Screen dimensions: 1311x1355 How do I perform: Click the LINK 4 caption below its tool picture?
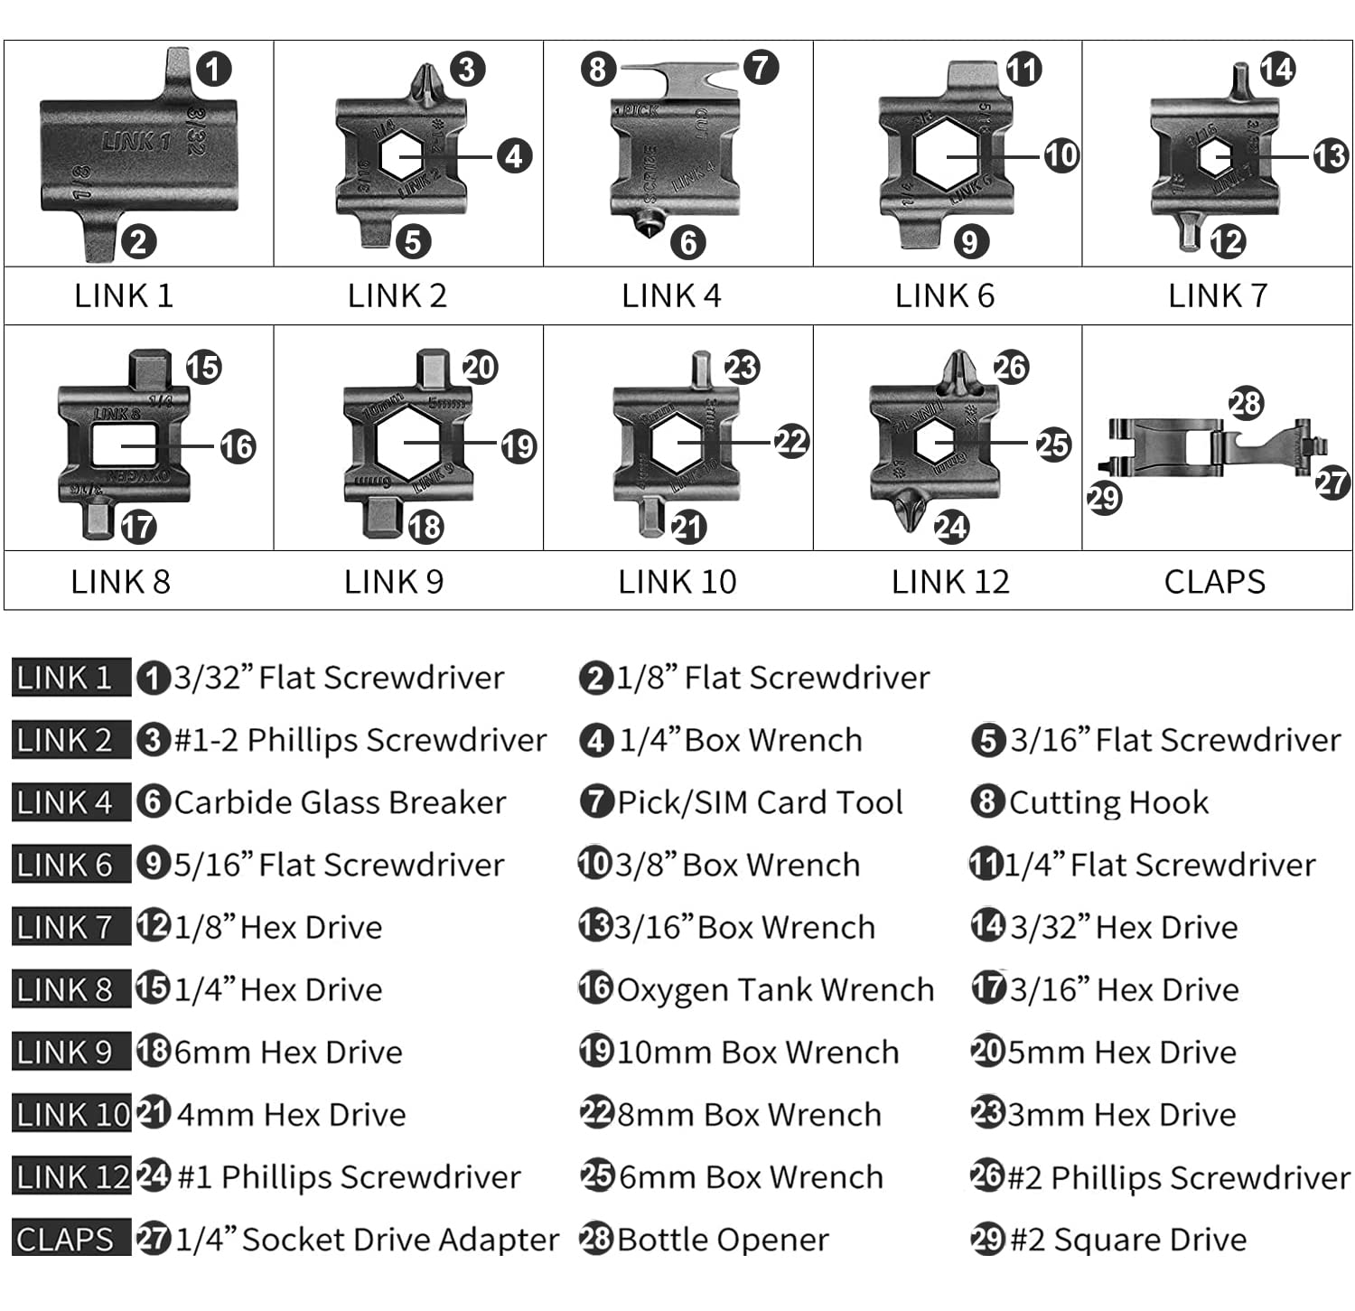tap(670, 296)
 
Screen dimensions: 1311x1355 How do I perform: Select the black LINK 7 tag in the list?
tap(65, 927)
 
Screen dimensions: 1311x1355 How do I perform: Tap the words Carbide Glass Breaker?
tap(340, 802)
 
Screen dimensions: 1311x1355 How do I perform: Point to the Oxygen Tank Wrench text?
tap(775, 990)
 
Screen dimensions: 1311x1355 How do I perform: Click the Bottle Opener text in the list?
tap(723, 1240)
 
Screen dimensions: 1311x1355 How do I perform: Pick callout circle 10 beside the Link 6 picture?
tap(1061, 155)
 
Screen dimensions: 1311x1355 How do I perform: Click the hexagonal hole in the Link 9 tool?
tap(406, 442)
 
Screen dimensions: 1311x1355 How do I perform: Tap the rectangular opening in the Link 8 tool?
tap(124, 446)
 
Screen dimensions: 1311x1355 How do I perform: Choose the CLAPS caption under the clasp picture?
tap(1214, 582)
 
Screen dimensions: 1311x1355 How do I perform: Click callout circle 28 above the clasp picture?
tap(1246, 403)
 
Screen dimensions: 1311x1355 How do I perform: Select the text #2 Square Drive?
tap(1127, 1240)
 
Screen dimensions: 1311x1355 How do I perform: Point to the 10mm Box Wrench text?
tap(758, 1053)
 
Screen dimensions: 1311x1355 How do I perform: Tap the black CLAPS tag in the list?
tap(65, 1240)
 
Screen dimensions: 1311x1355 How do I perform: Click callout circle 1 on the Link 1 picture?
tap(213, 69)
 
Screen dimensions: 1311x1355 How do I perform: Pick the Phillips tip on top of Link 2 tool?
tap(425, 83)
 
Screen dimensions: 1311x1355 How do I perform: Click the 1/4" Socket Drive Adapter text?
tap(367, 1240)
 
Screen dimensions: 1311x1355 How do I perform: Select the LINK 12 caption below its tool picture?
tap(949, 582)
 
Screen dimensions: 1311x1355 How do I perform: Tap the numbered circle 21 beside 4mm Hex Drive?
tap(154, 1114)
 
